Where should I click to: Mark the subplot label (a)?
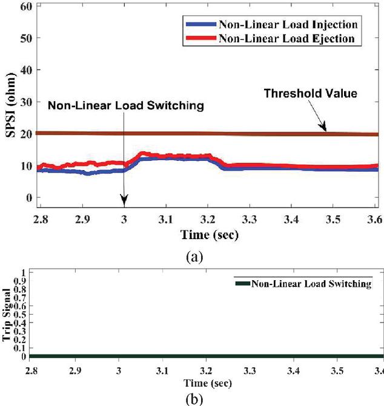click(x=193, y=257)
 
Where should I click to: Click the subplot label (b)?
click(x=194, y=399)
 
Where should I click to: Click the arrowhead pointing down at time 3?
click(x=124, y=201)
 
